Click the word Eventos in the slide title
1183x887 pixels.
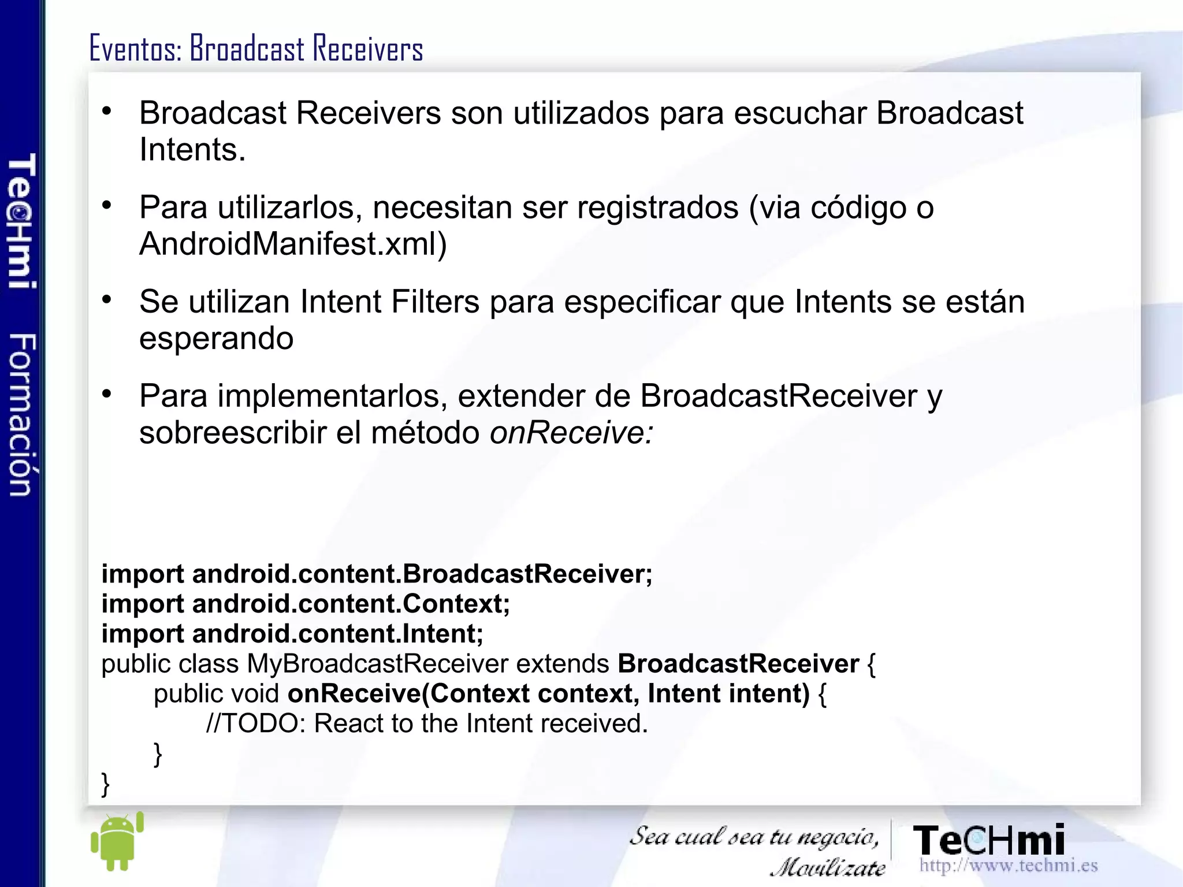click(x=135, y=48)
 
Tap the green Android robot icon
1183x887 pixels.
click(x=117, y=842)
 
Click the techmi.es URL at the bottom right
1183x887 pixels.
click(x=1008, y=865)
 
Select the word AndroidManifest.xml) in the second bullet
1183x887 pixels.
click(x=293, y=244)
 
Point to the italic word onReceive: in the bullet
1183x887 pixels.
click(x=571, y=432)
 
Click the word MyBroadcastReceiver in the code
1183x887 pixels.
click(x=378, y=663)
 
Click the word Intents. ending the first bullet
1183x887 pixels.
click(x=192, y=150)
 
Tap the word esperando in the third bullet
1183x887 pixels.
click(x=216, y=339)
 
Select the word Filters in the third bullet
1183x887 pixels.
click(x=435, y=302)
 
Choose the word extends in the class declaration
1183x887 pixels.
click(x=562, y=663)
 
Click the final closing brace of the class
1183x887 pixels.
click(x=105, y=784)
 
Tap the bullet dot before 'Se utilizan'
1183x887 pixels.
click(x=107, y=299)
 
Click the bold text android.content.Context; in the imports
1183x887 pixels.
click(x=351, y=604)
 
